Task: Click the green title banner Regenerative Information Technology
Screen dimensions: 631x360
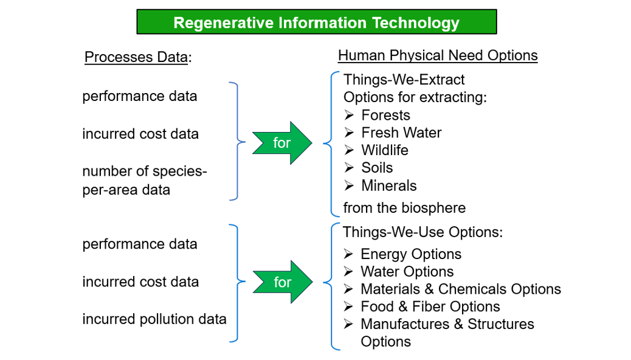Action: pyautogui.click(x=317, y=22)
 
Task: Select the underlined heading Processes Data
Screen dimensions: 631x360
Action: pyautogui.click(x=136, y=57)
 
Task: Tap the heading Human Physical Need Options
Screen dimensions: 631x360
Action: pyautogui.click(x=438, y=55)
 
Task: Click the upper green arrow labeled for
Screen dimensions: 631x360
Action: pyautogui.click(x=282, y=142)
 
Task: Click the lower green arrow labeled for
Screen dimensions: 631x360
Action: pyautogui.click(x=283, y=282)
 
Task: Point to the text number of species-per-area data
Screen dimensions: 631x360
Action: pyautogui.click(x=145, y=180)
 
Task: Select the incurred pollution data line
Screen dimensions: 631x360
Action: pyautogui.click(x=154, y=319)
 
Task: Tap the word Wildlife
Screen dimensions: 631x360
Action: pyautogui.click(x=385, y=150)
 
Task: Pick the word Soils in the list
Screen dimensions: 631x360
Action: pyautogui.click(x=377, y=167)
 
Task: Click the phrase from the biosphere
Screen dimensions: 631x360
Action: pyautogui.click(x=404, y=208)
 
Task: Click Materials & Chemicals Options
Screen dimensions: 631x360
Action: pyautogui.click(x=461, y=289)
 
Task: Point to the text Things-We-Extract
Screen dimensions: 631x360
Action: pyautogui.click(x=404, y=80)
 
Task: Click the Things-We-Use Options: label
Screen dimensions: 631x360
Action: pyautogui.click(x=422, y=232)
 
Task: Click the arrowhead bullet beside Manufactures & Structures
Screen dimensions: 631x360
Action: pyautogui.click(x=348, y=324)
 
